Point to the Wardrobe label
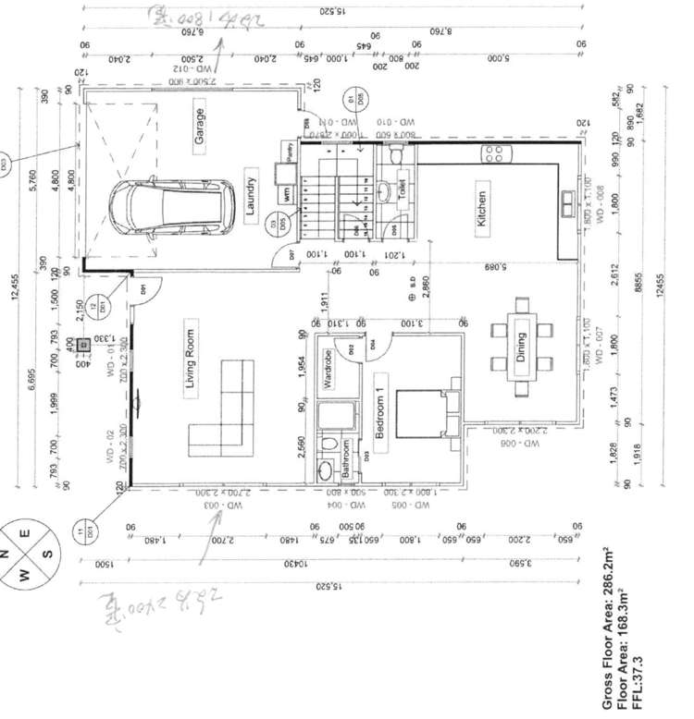[328, 369]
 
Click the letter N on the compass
[5, 554]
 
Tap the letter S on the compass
[49, 554]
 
